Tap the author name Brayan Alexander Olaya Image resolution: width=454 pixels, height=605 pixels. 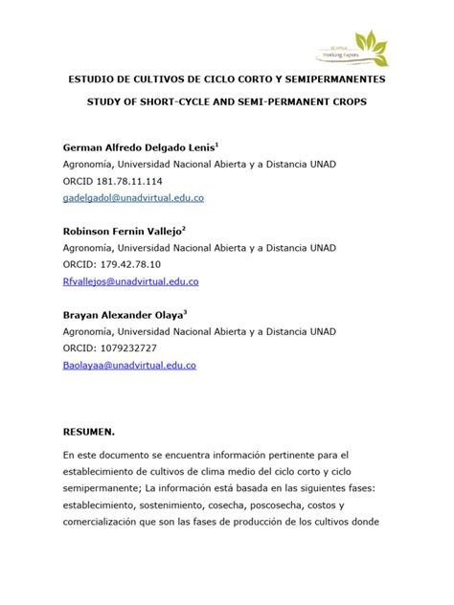click(x=122, y=314)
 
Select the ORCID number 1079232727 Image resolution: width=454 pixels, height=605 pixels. click(x=130, y=347)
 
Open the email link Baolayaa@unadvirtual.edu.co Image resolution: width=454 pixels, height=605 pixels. click(x=129, y=365)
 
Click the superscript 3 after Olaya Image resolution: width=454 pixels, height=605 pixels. click(x=185, y=310)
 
